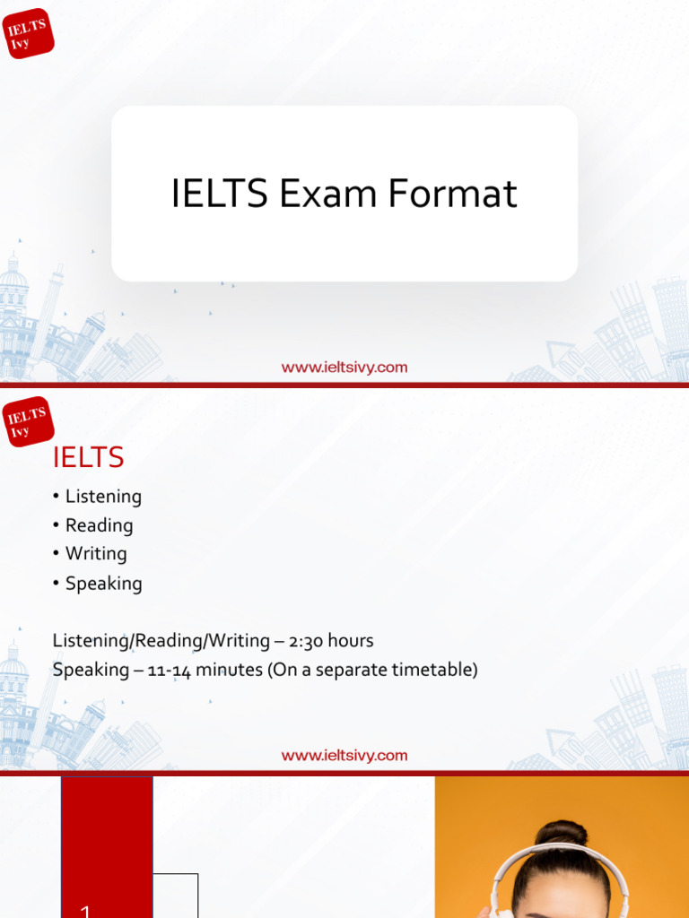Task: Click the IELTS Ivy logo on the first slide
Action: click(29, 33)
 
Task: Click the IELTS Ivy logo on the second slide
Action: click(29, 421)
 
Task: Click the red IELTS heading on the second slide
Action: click(88, 458)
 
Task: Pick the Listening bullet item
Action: click(103, 497)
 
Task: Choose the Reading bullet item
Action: click(99, 525)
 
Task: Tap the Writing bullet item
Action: click(96, 554)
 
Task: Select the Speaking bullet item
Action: click(103, 584)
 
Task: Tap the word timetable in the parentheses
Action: click(434, 670)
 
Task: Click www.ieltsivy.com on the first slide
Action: click(344, 367)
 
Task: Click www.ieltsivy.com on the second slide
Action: click(344, 755)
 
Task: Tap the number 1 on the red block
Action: click(85, 909)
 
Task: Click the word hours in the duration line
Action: click(351, 641)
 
